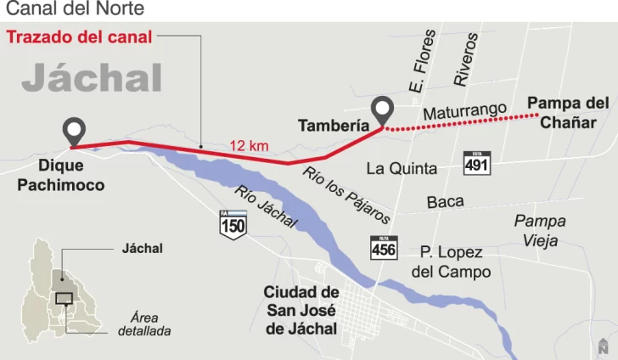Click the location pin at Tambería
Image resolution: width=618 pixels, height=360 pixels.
point(383,110)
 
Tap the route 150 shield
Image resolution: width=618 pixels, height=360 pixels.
point(233,223)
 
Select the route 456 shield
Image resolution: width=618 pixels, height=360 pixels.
point(384,247)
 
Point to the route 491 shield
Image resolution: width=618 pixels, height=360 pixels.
point(476,162)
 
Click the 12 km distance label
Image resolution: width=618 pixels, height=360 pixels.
point(249,146)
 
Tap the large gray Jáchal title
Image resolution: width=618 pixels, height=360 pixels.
point(92,78)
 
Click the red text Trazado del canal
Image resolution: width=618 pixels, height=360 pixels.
point(80,37)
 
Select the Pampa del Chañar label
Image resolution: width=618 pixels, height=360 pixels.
point(568,112)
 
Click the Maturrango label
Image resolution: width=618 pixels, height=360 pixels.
point(464,110)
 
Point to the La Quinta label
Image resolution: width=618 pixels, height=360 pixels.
point(402,168)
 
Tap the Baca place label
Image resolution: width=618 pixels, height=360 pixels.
point(446,202)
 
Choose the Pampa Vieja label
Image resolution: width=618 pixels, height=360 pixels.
point(540,230)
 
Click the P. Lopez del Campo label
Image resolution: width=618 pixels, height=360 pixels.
point(451,262)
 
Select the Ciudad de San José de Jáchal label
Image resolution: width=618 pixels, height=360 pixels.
point(301,310)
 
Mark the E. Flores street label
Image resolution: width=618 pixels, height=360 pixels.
point(422,62)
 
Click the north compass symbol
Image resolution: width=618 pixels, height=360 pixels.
point(603,345)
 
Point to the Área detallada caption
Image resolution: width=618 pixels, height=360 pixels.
point(144,323)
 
